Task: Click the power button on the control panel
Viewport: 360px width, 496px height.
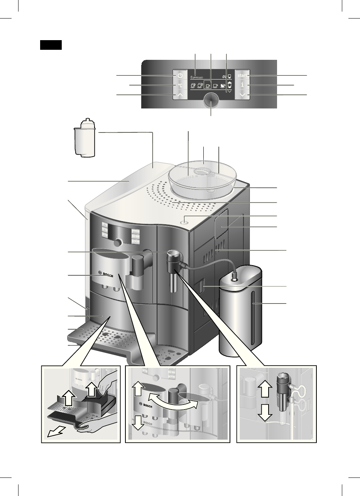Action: coord(180,76)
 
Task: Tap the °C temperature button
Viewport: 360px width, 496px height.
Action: coord(180,85)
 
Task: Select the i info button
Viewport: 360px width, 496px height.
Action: coord(242,85)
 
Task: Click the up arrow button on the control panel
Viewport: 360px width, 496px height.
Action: coord(180,95)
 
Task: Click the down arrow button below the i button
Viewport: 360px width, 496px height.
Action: coord(242,95)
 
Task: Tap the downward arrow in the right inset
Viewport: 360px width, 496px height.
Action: coord(265,414)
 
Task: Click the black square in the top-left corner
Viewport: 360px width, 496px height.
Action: coord(51,45)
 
